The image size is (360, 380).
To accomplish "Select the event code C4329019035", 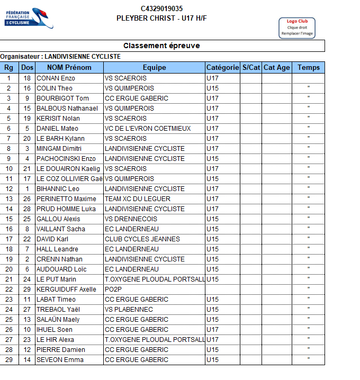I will (x=161, y=8).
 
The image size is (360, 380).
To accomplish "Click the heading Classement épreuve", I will (x=161, y=46).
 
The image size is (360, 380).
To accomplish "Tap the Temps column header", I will (x=308, y=68).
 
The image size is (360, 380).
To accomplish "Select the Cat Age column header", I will (x=276, y=68).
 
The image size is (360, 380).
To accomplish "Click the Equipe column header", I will (x=154, y=68).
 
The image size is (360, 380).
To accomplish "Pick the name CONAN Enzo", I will (x=56, y=78).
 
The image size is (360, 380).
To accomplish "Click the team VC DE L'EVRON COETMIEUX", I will (x=147, y=129).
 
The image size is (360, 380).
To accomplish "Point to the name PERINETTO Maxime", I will (x=66, y=199).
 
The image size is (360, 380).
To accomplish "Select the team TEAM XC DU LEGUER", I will (x=138, y=199).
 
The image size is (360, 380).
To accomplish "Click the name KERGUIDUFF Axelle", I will (x=66, y=289).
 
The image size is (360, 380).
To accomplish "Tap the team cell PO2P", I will (x=113, y=289).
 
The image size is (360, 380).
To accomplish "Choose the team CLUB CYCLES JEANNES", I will (x=142, y=239).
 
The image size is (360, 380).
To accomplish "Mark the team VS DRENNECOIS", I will (x=131, y=219).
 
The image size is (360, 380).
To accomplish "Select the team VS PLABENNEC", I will (x=129, y=310).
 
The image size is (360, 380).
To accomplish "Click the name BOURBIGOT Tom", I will (x=62, y=98).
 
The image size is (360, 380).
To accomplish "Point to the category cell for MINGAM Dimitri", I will (x=212, y=149).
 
